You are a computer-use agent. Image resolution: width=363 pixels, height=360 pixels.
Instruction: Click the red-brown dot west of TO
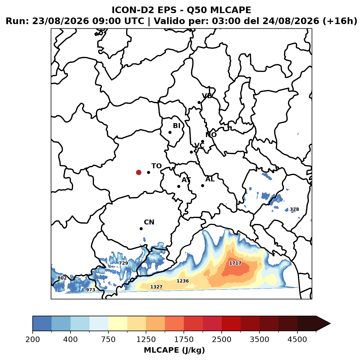pos(139,172)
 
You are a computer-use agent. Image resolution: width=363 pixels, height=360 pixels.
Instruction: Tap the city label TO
pos(156,166)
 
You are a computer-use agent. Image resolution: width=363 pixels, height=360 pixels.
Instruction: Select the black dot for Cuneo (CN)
pos(141,229)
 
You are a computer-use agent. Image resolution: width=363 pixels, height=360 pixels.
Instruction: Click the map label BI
pos(176,126)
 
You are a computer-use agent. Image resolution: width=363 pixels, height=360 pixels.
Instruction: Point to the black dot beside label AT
pos(179,186)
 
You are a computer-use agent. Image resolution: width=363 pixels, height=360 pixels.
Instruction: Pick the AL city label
pos(210,179)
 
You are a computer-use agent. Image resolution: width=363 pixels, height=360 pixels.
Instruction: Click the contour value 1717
pos(235,263)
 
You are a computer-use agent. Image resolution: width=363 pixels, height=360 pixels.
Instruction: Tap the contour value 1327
pos(156,287)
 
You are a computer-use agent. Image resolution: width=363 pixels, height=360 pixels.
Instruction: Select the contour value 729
pos(123,263)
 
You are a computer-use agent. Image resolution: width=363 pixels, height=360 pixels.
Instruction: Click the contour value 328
pos(294,209)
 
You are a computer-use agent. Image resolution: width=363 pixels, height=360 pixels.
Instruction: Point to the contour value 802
pos(62,278)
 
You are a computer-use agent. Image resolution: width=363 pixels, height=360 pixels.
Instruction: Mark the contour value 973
pos(91,290)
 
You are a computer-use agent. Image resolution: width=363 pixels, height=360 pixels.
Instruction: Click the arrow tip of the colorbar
pos(330,324)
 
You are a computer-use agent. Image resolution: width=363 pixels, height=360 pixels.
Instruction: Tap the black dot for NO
pos(202,141)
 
